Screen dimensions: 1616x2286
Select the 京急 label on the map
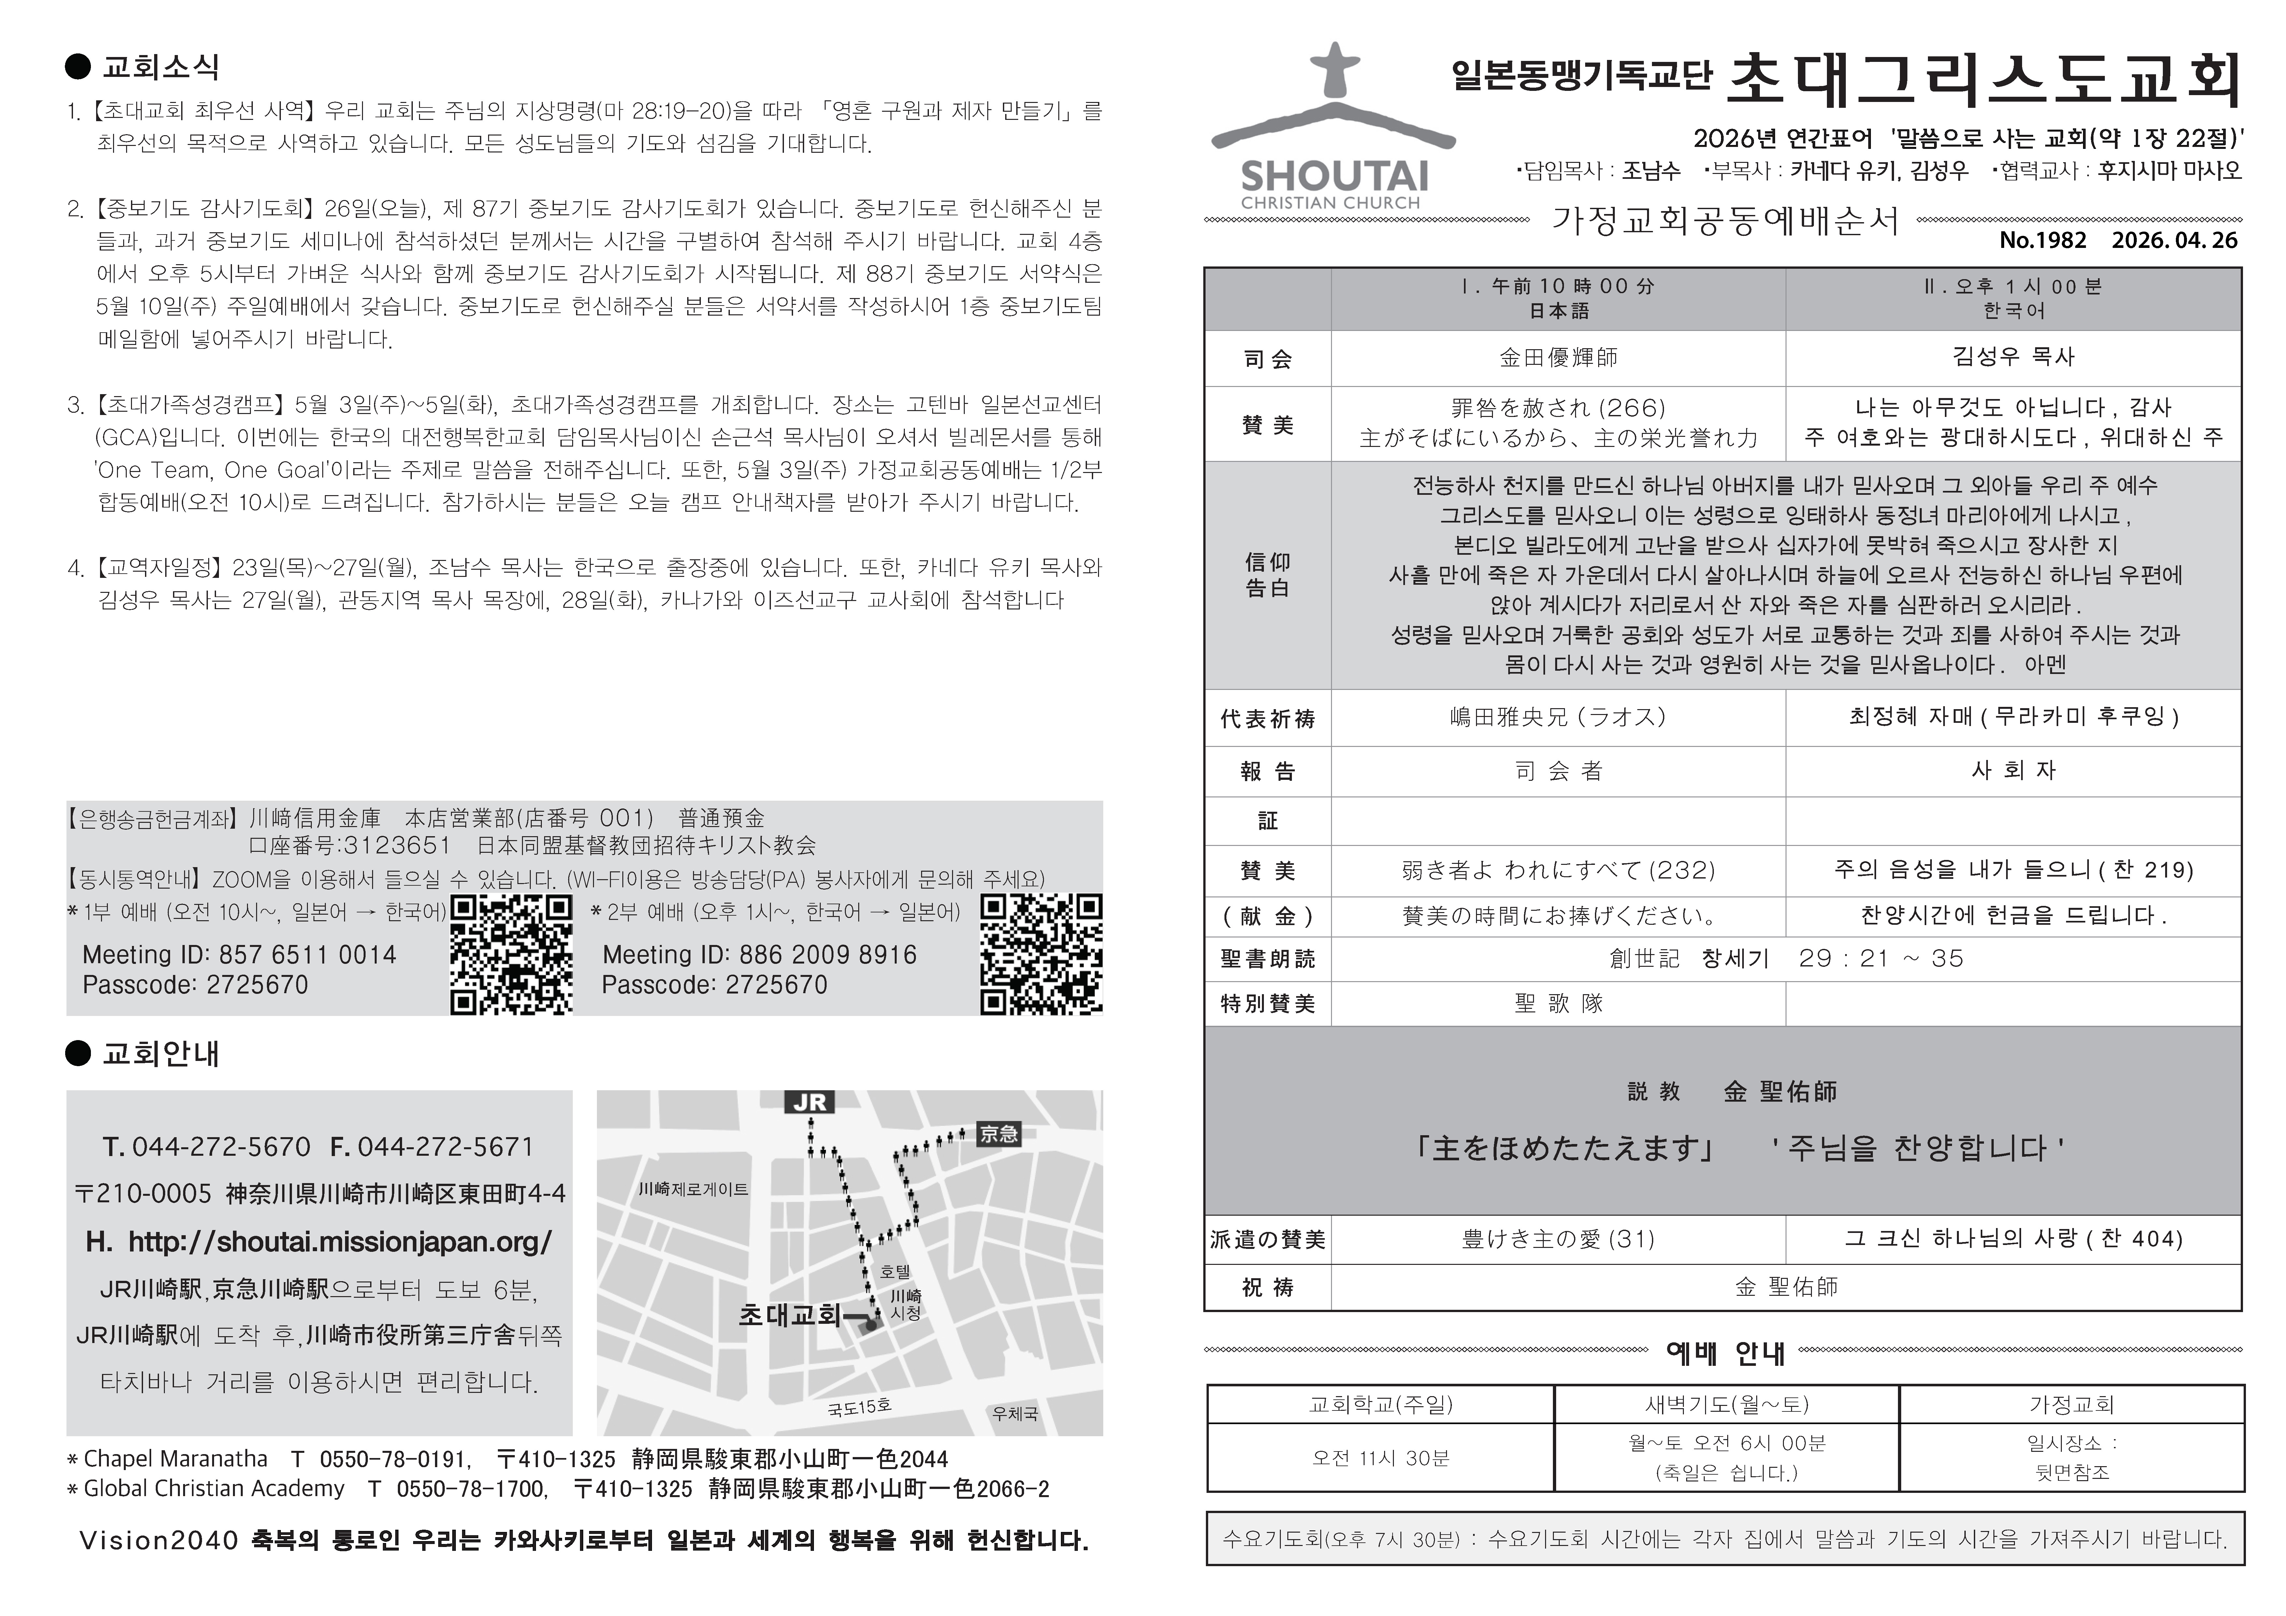tap(999, 1133)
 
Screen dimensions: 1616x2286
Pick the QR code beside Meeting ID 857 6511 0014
tap(512, 954)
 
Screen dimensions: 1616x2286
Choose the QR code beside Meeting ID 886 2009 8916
tap(1041, 954)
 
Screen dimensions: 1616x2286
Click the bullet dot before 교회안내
tap(78, 1053)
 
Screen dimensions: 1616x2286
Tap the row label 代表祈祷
tap(1267, 718)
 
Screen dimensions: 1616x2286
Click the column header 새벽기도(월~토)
tap(1727, 1404)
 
